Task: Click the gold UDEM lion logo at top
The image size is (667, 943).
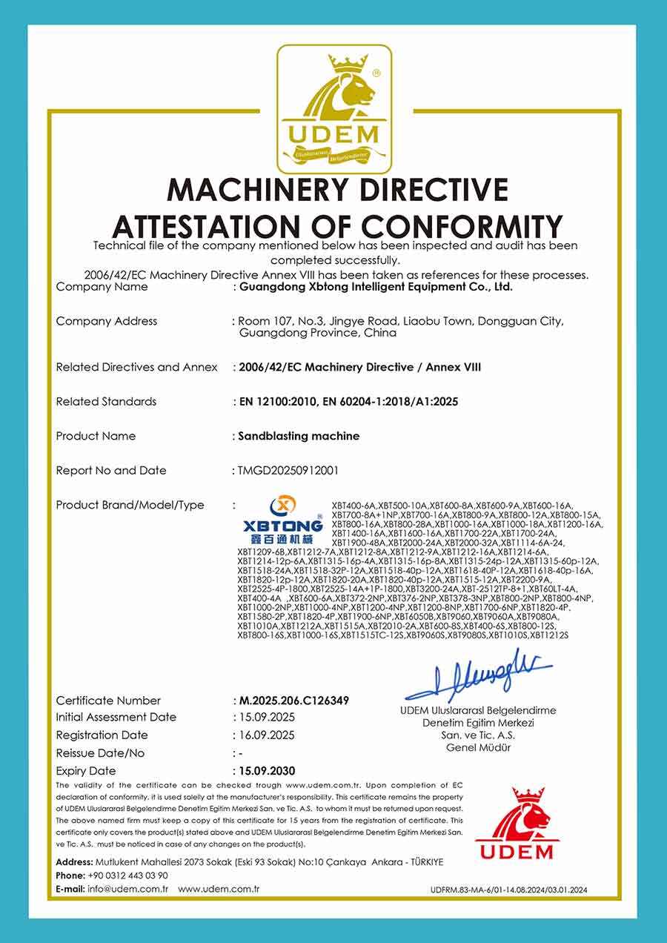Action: click(x=334, y=109)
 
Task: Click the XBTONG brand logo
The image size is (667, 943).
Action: click(x=283, y=517)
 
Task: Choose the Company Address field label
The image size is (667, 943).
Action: click(x=107, y=322)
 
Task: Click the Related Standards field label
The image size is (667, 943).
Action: click(x=106, y=402)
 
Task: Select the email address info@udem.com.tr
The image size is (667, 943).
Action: click(x=128, y=888)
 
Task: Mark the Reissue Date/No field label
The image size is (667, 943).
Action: click(x=100, y=753)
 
